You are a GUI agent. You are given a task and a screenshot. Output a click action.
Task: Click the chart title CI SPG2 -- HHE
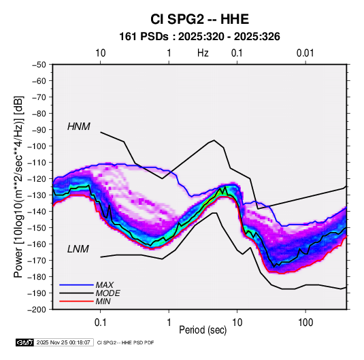click(199, 19)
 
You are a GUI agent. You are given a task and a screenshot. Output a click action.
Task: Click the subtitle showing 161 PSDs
click(199, 37)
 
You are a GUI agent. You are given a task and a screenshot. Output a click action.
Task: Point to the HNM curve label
click(79, 127)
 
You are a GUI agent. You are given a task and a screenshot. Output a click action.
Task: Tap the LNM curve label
click(78, 249)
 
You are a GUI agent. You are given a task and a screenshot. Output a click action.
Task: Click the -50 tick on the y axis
click(39, 65)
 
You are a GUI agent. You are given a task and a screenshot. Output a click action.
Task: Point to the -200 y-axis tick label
click(37, 310)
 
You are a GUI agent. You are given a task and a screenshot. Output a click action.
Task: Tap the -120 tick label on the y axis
click(37, 179)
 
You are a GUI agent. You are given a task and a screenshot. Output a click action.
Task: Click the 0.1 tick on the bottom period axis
click(100, 322)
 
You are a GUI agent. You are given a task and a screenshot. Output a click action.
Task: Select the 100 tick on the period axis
click(305, 322)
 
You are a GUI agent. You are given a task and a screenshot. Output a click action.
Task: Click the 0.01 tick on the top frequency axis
click(305, 53)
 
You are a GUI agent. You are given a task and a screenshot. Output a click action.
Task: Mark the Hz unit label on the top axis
click(203, 53)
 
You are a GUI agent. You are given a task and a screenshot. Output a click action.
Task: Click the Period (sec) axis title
click(203, 330)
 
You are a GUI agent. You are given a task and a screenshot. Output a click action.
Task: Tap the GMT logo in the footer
click(25, 342)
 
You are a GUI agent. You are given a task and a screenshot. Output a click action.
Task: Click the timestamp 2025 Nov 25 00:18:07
click(63, 342)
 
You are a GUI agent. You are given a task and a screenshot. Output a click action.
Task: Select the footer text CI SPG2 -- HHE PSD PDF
click(125, 342)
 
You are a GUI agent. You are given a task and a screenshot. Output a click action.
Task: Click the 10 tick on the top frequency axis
click(101, 53)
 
